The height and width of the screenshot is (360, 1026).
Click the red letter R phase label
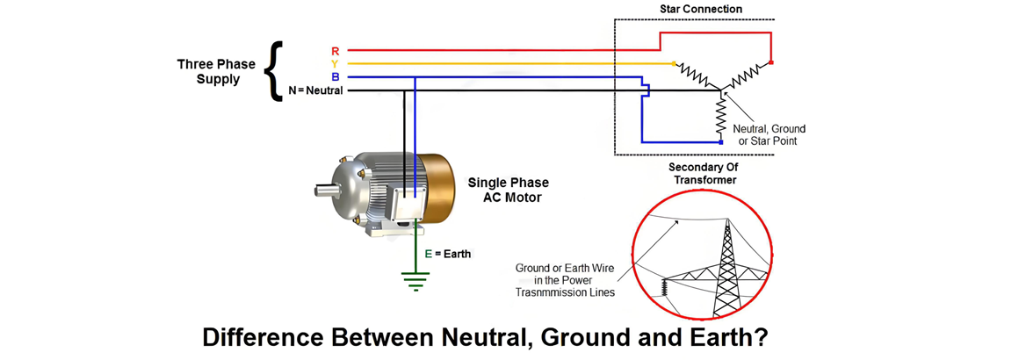(x=336, y=51)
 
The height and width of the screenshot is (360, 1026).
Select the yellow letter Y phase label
(x=336, y=64)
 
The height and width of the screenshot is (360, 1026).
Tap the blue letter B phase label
(x=336, y=77)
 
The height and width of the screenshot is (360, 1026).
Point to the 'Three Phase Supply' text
(x=216, y=71)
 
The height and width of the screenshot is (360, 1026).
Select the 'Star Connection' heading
(x=700, y=10)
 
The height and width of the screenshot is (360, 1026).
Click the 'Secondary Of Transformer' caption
(x=702, y=173)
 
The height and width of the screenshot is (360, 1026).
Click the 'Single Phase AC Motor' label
(x=509, y=190)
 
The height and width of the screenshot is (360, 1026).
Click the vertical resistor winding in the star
(x=720, y=119)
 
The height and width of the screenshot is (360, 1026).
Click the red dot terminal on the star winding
(x=771, y=62)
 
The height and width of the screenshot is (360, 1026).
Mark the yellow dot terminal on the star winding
(x=674, y=64)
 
